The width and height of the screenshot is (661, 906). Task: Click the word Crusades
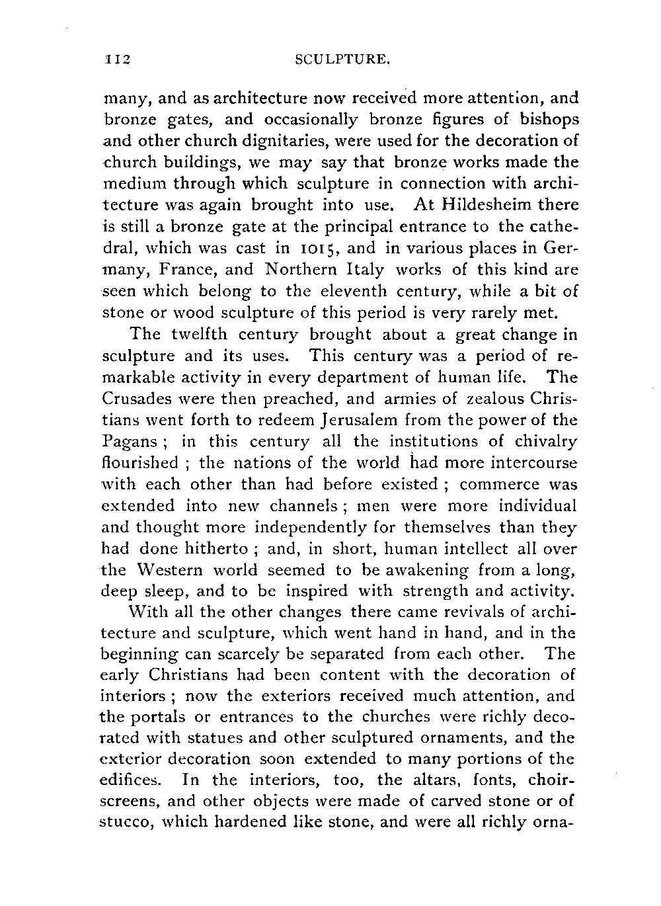[x=139, y=399]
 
